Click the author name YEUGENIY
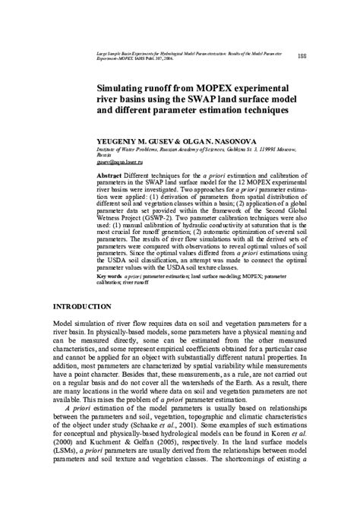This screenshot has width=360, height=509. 122,141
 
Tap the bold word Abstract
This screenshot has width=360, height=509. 111,174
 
